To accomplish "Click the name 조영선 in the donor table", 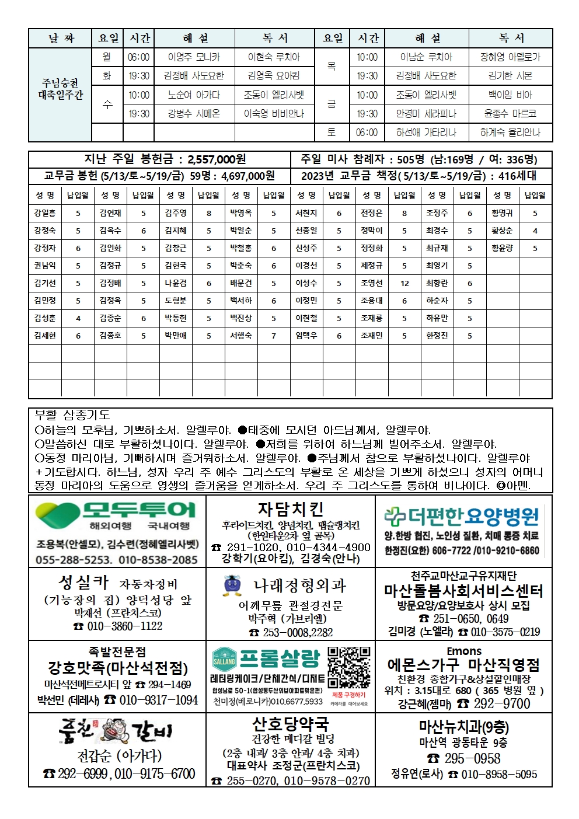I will (x=371, y=283).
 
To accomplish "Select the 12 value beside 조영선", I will (x=404, y=283).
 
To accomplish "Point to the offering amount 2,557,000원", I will (x=217, y=159).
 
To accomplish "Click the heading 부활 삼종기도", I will (x=72, y=415).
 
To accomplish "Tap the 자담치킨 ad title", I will (x=290, y=510).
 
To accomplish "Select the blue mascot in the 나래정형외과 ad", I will (x=232, y=586).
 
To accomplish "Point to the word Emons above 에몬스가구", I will (x=463, y=651).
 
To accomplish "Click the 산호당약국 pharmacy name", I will (x=290, y=724).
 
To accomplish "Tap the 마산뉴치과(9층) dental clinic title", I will (x=463, y=727).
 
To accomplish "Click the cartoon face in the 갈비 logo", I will (x=115, y=730).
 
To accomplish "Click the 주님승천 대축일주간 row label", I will (x=61, y=89).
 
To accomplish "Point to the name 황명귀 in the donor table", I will (x=502, y=213).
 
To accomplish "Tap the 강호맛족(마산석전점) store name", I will (x=117, y=668).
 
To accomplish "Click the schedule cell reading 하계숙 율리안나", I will (x=510, y=133).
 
